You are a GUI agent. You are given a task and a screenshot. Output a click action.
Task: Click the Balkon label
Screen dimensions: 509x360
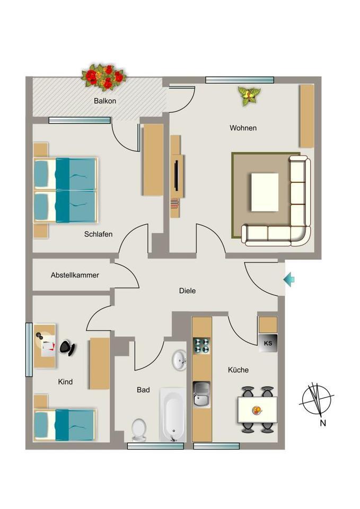coord(104,101)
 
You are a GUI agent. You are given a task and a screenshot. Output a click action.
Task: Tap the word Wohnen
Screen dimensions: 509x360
coord(243,128)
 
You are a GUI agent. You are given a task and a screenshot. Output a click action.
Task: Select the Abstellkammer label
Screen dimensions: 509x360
coord(75,275)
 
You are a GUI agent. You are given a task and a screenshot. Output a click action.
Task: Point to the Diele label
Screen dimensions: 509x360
coord(187,291)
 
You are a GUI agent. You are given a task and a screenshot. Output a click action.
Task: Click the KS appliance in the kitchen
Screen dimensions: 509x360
coord(268,343)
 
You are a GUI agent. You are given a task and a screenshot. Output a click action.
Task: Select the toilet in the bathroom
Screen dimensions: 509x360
coord(139,429)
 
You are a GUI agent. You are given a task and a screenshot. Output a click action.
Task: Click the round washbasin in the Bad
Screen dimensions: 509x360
coord(179,361)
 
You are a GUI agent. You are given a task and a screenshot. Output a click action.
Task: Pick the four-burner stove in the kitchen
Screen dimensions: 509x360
coord(201,345)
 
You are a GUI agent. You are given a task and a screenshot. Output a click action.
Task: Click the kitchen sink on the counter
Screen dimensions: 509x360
coord(201,394)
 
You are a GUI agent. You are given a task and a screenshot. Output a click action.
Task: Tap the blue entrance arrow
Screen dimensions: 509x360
coord(289,279)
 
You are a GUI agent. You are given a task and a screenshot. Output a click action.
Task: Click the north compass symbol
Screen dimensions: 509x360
coord(317,400)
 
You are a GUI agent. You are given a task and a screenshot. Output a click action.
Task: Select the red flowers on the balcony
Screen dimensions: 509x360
coord(104,77)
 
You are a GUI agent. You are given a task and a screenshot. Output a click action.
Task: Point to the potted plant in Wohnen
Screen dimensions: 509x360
coord(249,95)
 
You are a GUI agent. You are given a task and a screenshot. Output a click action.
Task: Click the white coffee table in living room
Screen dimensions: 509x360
coord(265,192)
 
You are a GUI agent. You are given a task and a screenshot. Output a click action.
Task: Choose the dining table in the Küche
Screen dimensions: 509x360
coord(257,410)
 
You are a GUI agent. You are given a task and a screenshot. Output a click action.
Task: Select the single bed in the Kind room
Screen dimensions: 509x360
coord(65,424)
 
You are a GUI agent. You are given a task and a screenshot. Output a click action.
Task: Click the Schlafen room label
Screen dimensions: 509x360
coord(98,234)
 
